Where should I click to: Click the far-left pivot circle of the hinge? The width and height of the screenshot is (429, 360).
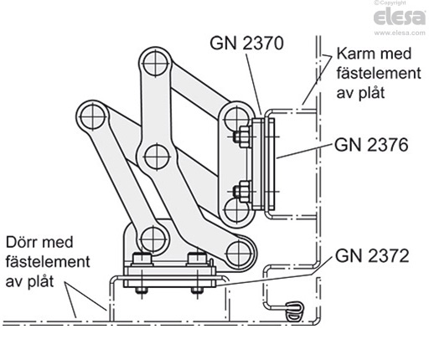tap(90, 113)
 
